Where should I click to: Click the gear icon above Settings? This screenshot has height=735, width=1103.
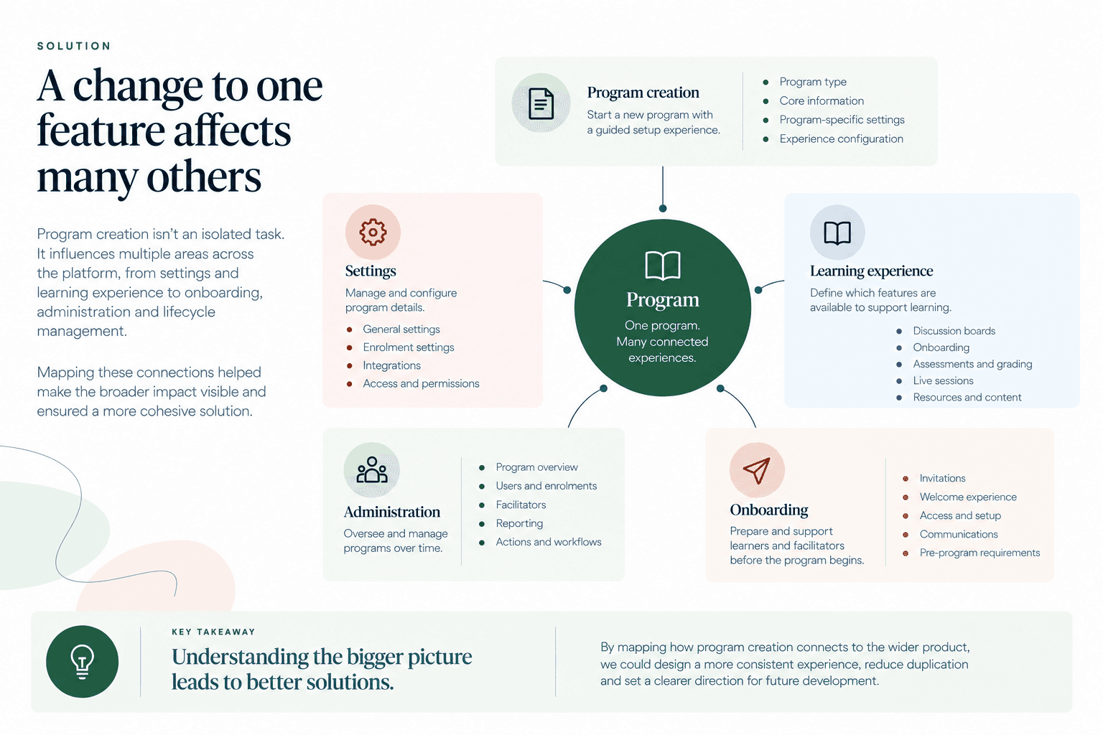coord(373,232)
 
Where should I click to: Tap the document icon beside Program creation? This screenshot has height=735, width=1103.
coord(541,103)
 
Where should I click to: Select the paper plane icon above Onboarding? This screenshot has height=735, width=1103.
coord(756,470)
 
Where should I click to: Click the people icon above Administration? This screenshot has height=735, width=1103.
coord(372,469)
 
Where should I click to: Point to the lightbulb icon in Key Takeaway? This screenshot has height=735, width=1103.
coord(83,662)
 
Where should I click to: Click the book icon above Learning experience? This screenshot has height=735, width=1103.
coord(837,233)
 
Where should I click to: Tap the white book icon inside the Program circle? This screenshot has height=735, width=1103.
coord(662,266)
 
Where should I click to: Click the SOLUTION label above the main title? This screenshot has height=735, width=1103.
coord(74,46)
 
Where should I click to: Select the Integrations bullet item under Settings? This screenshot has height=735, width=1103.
coord(391,365)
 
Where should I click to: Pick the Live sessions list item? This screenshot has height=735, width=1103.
coord(943,380)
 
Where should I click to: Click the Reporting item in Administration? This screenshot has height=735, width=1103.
coord(519,523)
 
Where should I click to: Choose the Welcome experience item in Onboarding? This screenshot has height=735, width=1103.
coord(967,497)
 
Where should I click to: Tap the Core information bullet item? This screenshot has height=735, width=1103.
coord(822,100)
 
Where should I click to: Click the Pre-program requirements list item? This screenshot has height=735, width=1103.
coord(979,553)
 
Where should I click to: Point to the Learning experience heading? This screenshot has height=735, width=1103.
coord(871,271)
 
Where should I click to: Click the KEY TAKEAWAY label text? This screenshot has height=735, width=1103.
coord(213,632)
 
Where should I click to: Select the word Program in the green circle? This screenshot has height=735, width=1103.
coord(662,300)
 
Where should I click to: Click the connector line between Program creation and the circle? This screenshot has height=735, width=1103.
coord(663,187)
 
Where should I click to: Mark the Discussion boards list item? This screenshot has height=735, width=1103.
coord(954,331)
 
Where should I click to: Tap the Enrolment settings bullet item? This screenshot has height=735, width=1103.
coord(408,347)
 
